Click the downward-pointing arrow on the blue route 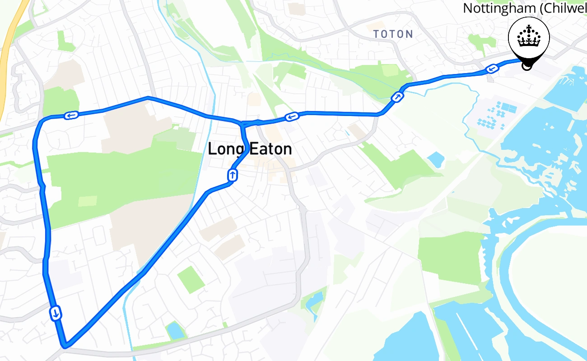coord(56,312)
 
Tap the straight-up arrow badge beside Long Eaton coord(232,175)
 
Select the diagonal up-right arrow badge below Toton coord(397,96)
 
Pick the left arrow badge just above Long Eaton coord(292,117)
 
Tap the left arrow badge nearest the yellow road coord(71,116)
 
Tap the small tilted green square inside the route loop coord(191,279)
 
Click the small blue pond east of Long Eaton coord(436,159)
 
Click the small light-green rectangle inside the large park coord(87,201)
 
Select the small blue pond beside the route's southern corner coord(174,330)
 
